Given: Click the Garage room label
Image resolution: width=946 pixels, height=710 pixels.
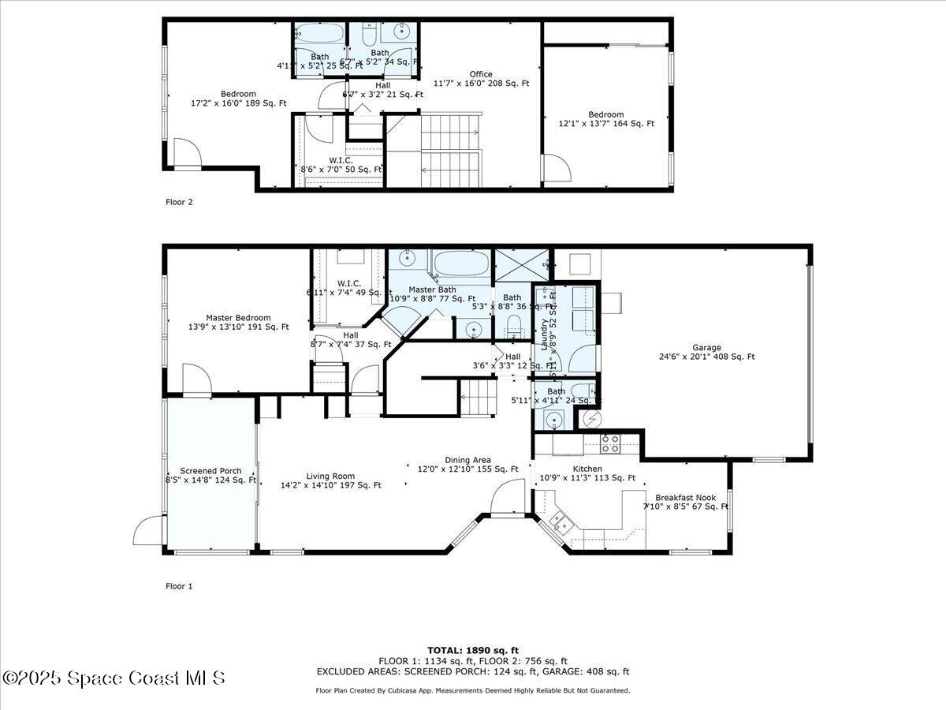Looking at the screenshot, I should click(706, 352).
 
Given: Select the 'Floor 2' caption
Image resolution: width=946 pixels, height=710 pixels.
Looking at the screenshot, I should click(179, 202).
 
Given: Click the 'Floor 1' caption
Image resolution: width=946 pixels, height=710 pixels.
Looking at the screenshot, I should click(179, 586).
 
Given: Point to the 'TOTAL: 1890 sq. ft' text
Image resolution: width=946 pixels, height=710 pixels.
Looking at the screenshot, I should click(473, 650).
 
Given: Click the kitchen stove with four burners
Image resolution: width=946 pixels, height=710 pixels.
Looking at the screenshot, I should click(609, 443).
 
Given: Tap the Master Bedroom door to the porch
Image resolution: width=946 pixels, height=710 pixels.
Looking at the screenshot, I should click(196, 379).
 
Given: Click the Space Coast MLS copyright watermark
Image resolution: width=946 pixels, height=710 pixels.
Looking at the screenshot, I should click(114, 678).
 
